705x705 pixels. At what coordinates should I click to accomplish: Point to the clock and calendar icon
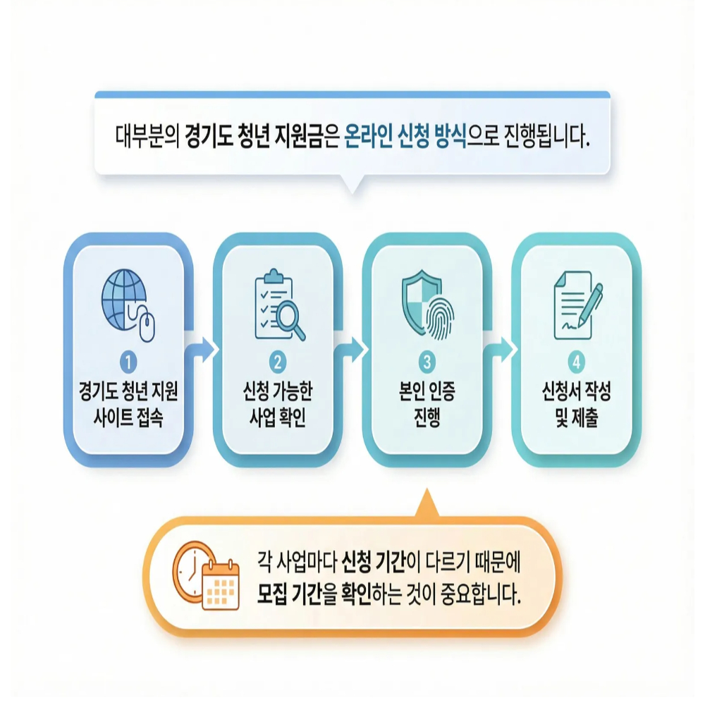(x=205, y=575)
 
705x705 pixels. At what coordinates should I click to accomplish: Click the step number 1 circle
(x=128, y=363)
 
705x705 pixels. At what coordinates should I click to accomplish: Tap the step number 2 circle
(x=278, y=363)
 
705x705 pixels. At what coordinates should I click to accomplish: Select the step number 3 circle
(x=427, y=363)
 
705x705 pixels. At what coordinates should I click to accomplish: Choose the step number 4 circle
(x=577, y=363)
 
